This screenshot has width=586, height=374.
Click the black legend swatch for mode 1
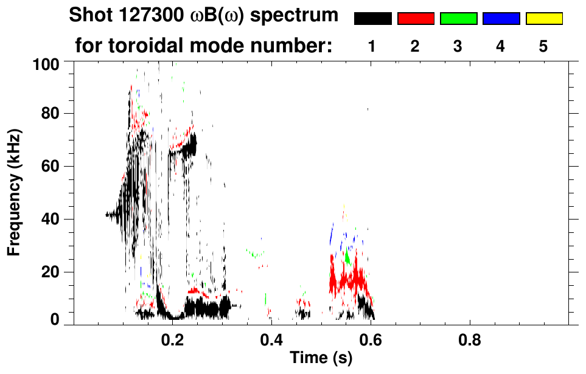click(x=372, y=19)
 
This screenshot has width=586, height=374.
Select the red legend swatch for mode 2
click(x=416, y=19)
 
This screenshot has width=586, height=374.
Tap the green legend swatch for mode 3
click(x=458, y=19)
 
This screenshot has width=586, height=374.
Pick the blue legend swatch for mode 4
click(x=501, y=19)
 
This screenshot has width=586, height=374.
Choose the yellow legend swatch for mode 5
click(x=543, y=19)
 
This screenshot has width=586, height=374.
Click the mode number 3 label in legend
click(x=458, y=46)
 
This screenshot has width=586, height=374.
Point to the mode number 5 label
click(x=543, y=46)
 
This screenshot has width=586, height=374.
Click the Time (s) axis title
click(x=321, y=358)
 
